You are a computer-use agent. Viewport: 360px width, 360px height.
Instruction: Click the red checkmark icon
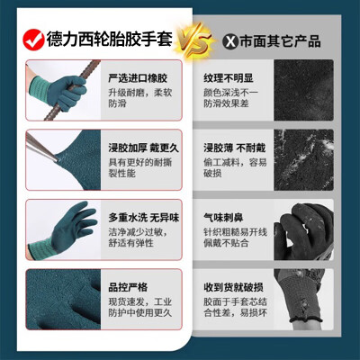(33, 40)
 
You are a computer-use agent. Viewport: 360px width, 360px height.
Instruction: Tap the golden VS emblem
(195, 41)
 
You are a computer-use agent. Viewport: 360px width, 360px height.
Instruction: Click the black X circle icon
(230, 41)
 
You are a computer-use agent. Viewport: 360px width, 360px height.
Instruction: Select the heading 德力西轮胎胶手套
(110, 39)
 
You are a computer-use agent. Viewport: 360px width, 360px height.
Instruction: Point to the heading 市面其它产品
(280, 41)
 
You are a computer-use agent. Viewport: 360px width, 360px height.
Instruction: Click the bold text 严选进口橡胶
(138, 78)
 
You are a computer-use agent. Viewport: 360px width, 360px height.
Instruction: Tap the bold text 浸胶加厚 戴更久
(143, 148)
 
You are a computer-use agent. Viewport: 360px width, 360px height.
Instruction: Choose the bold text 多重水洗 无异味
(144, 218)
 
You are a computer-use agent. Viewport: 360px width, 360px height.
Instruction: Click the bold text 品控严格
(128, 287)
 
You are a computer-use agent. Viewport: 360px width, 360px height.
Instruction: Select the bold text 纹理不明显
(229, 78)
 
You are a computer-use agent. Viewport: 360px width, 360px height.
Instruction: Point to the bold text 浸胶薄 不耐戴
(235, 148)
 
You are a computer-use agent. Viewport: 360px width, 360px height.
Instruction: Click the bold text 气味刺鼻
(223, 218)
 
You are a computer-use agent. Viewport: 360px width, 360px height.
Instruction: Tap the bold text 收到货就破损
(233, 287)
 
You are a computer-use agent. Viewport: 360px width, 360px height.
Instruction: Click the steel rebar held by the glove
(72, 88)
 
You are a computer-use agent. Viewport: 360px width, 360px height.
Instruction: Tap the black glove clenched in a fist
(303, 231)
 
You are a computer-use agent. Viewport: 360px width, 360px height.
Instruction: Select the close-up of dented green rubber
(63, 299)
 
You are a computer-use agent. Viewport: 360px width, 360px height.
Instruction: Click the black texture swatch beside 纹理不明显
(303, 90)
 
